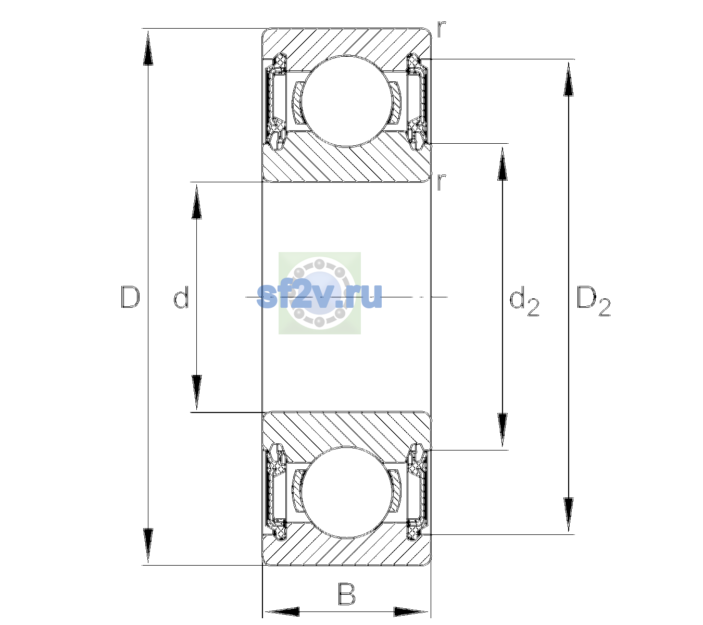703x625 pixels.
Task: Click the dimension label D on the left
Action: click(130, 297)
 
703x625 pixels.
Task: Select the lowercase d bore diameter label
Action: click(181, 297)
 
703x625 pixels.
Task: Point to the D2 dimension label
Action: click(593, 301)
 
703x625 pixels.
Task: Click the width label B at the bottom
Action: click(346, 594)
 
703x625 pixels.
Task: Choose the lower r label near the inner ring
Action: click(441, 182)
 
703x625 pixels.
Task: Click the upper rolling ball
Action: click(347, 101)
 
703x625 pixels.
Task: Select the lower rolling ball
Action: click(347, 493)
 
